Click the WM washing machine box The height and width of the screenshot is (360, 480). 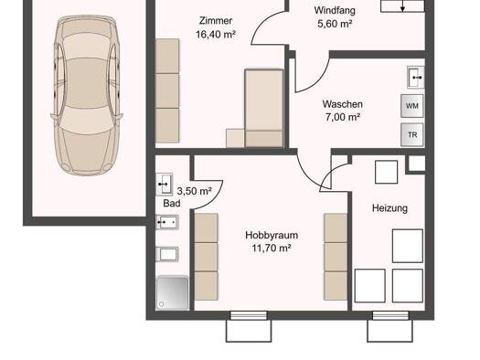tap(412, 106)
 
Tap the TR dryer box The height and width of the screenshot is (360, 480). tap(412, 134)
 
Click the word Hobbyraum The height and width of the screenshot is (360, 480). tap(272, 235)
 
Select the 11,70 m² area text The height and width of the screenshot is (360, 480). tap(272, 248)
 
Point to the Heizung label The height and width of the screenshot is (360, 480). tap(389, 208)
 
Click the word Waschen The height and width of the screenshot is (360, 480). tap(343, 104)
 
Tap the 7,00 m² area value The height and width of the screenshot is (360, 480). tap(343, 117)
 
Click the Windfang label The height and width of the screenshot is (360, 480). tap(335, 10)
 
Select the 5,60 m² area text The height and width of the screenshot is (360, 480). tap(335, 24)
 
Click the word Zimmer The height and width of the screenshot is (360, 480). tap(216, 21)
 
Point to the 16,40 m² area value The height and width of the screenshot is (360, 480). tap(216, 34)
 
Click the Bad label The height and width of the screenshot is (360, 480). tap(172, 203)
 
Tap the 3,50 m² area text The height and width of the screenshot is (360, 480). tap(194, 191)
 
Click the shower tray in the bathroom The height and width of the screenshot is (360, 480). tap(172, 293)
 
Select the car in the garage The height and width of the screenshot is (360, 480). tap(87, 95)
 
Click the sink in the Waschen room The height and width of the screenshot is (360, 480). tap(416, 78)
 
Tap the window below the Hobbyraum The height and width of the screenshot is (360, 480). tap(249, 315)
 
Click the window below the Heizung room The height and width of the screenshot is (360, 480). tap(390, 315)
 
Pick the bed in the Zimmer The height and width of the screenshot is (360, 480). tap(264, 109)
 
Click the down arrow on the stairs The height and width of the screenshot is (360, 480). tap(403, 5)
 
